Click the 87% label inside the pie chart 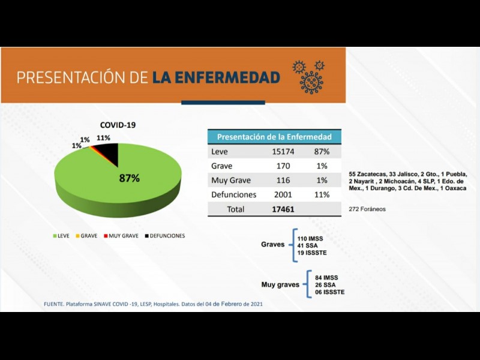coord(130,178)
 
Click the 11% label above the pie coord(103,138)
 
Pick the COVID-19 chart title coord(118,125)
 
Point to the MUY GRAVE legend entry coord(122,236)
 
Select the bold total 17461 coord(283,209)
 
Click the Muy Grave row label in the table coord(231,181)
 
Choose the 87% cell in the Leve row coord(321,152)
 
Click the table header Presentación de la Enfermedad coord(274,137)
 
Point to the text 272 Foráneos coord(367,209)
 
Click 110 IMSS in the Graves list coord(310,238)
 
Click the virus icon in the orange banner coord(311,77)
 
